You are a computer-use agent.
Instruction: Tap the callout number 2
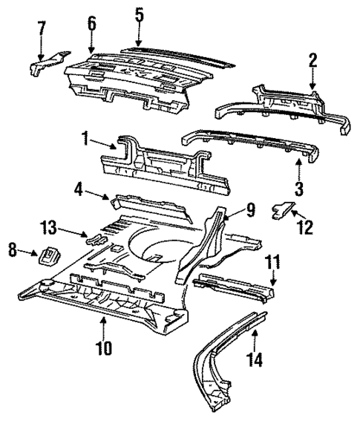pyautogui.click(x=312, y=60)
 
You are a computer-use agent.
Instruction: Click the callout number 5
pyautogui.click(x=138, y=14)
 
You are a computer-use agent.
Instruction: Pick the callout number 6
pyautogui.click(x=91, y=23)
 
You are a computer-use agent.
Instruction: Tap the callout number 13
pyautogui.click(x=49, y=226)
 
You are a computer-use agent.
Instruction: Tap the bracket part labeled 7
pyautogui.click(x=48, y=62)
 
